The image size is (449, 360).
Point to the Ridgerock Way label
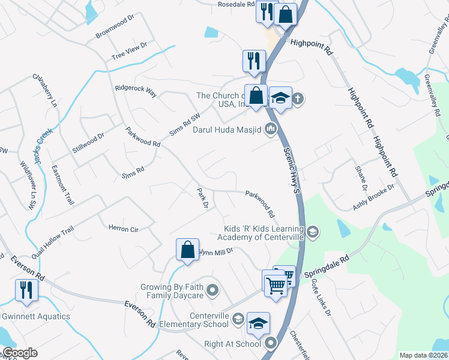click(x=136, y=91)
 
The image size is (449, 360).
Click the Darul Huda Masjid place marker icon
click(x=271, y=129)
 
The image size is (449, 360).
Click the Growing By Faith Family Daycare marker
click(x=211, y=292)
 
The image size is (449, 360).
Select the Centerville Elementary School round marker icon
click(x=238, y=319)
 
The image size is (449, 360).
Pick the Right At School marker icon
click(x=270, y=344)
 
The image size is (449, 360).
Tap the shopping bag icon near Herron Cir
click(x=187, y=248)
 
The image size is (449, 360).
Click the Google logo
click(x=19, y=353)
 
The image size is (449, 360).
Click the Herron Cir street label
click(x=123, y=229)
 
